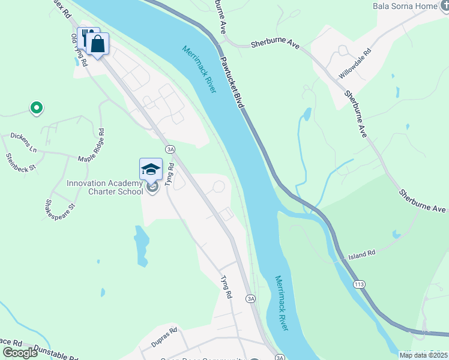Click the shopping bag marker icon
[97, 43]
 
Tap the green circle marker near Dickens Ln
[36, 109]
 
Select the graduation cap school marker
[151, 169]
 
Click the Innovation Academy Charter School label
[104, 188]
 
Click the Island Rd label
[362, 255]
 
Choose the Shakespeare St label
[58, 207]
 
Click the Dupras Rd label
[164, 333]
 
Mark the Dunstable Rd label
[55, 352]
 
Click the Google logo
[20, 352]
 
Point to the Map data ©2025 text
[423, 355]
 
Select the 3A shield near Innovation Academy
[170, 149]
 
